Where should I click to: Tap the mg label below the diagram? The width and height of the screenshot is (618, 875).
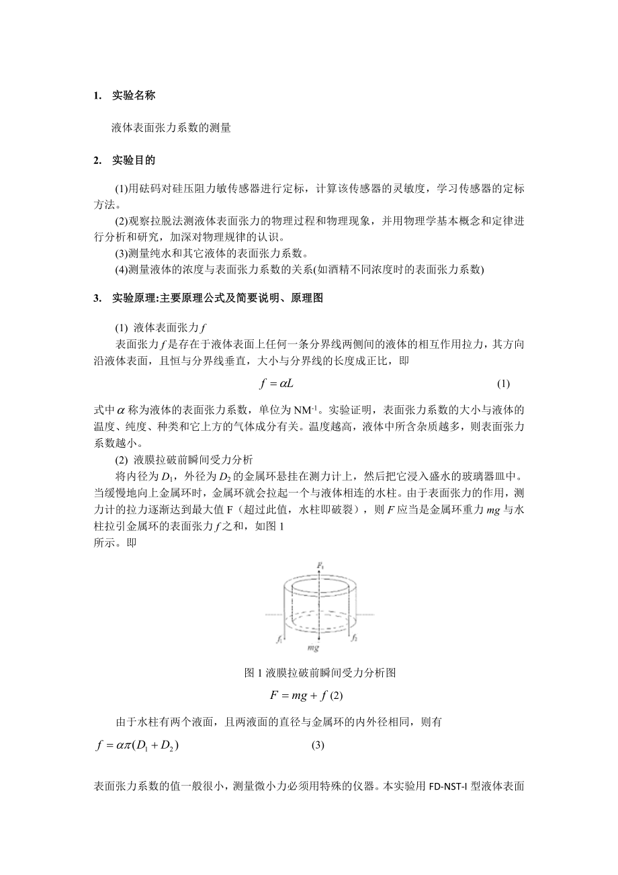312,649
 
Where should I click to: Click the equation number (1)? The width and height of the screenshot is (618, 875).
503,384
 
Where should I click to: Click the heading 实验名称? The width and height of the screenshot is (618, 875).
134,95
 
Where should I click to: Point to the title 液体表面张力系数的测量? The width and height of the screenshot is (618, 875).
171,128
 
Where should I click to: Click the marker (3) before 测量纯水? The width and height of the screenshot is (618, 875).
121,254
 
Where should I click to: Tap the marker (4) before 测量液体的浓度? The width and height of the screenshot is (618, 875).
121,270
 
